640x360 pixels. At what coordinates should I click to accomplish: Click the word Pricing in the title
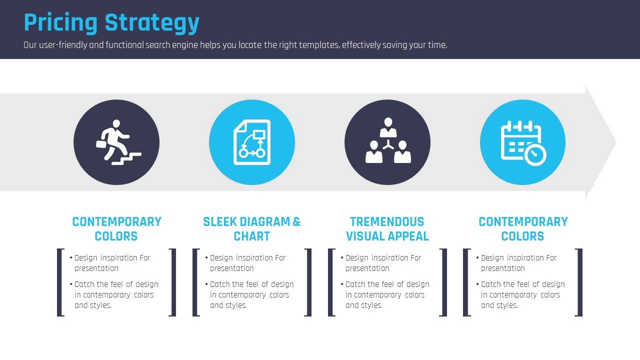60,23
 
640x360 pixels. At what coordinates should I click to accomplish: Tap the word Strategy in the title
152,23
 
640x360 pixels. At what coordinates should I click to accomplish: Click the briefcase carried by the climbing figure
101,144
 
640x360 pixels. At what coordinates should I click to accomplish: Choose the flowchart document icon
252,142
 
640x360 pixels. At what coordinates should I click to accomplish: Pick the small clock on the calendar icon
535,155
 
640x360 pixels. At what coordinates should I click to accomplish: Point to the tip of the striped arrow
616,142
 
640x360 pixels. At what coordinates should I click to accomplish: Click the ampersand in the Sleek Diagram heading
296,221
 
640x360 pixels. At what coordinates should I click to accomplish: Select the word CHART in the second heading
251,236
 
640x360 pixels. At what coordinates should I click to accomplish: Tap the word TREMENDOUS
387,221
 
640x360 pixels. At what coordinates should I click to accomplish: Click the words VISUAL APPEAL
387,236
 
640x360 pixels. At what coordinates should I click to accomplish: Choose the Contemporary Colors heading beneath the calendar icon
523,229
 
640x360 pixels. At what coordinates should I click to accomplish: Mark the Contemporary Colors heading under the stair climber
116,229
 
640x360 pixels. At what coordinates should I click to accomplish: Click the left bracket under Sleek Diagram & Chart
196,282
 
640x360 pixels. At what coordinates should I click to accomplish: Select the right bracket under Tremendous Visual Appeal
443,282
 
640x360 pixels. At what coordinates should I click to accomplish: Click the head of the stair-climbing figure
116,123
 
